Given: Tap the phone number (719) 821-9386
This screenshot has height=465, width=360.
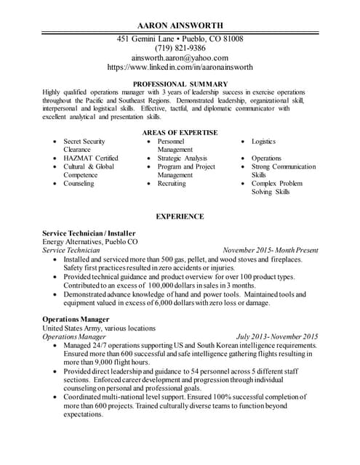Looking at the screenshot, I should pyautogui.click(x=180, y=48).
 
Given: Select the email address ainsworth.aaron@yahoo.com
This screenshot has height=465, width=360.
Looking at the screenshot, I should pyautogui.click(x=180, y=57).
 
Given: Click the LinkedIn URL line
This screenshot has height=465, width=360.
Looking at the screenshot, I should pyautogui.click(x=180, y=67).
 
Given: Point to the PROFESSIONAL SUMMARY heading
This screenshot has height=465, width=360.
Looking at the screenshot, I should pyautogui.click(x=180, y=84).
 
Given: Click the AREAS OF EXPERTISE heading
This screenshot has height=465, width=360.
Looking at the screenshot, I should pyautogui.click(x=180, y=132).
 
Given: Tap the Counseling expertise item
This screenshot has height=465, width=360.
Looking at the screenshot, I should pyautogui.click(x=79, y=184).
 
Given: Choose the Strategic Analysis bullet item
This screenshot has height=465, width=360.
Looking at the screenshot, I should pyautogui.click(x=182, y=158).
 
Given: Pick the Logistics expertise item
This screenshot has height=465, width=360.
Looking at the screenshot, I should pyautogui.click(x=263, y=141).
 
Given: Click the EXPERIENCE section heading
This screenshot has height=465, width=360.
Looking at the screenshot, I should pyautogui.click(x=180, y=217).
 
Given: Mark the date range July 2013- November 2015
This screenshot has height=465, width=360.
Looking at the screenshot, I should pyautogui.click(x=277, y=337).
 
